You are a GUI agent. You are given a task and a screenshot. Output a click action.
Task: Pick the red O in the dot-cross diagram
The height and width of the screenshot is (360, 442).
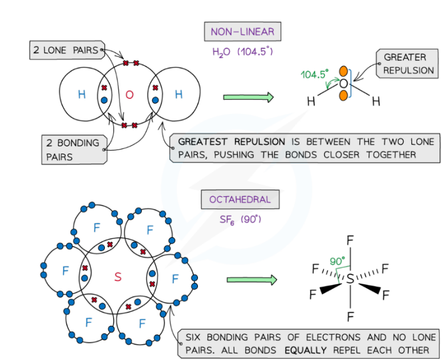coord(129,95)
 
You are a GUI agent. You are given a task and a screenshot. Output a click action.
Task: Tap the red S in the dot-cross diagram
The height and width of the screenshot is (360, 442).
coord(118,277)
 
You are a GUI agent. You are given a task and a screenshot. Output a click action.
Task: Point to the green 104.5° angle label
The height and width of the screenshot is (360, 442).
coord(315,74)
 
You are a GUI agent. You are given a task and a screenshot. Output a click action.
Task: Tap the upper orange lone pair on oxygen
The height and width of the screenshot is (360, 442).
coord(343,71)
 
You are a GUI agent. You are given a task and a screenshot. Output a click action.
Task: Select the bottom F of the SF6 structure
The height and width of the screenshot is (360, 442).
coord(350,315)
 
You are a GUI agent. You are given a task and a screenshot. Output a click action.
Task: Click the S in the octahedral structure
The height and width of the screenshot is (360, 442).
coord(350,279)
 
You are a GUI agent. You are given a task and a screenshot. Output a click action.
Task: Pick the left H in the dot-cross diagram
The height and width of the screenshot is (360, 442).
coord(82,95)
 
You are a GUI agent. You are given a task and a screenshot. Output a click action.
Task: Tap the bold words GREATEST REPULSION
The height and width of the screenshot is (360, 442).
coord(231,141)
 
